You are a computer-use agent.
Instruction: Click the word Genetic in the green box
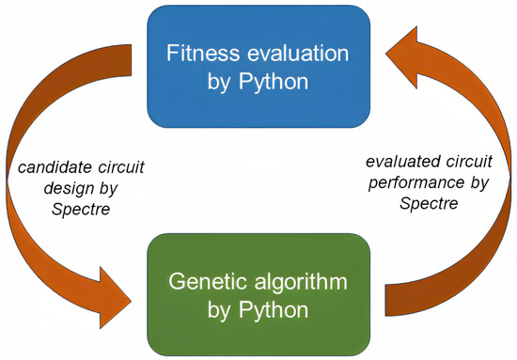[x=198, y=282]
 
